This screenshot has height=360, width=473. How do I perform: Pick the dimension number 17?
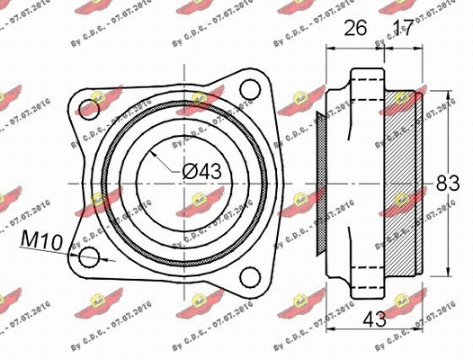[404, 30]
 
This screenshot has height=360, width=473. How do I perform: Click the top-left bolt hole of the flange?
[87, 109]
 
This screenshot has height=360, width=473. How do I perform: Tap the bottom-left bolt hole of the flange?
[87, 258]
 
